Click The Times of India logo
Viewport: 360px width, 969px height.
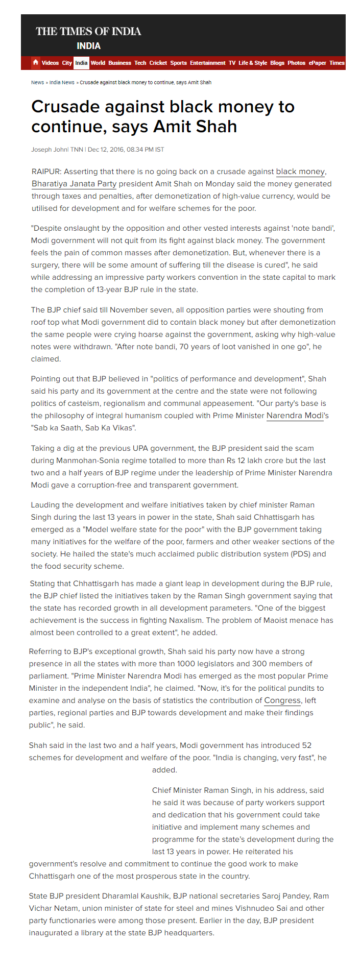(88, 31)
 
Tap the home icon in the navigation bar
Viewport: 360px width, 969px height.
(35, 62)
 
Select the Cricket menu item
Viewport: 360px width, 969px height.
(158, 63)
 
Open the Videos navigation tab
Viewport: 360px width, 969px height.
(50, 63)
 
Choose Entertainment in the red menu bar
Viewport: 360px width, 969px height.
(207, 63)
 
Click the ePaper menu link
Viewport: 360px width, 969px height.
(317, 63)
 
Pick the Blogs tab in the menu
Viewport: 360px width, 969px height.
(277, 63)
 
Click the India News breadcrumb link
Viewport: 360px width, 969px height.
(62, 82)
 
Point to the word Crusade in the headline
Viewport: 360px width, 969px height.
(65, 107)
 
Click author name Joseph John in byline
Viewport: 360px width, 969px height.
(49, 150)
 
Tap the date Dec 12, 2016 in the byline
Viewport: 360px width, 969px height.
(106, 150)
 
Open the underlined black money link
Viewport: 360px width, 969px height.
(300, 172)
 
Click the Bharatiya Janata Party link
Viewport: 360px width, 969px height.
(74, 184)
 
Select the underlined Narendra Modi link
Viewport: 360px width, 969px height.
(295, 416)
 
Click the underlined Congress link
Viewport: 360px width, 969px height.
(282, 700)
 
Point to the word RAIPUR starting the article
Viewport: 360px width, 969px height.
(46, 172)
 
